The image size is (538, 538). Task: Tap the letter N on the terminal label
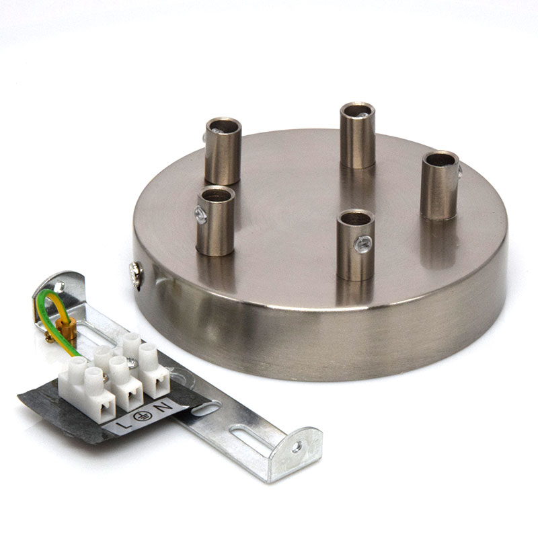163,408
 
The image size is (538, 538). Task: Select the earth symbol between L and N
141,416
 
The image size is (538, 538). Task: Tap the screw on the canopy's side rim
137,274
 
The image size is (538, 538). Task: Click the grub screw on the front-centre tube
363,243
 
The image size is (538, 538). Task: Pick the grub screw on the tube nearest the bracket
200,215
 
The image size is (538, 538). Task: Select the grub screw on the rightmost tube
459,171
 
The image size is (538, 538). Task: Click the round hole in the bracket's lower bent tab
297,447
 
